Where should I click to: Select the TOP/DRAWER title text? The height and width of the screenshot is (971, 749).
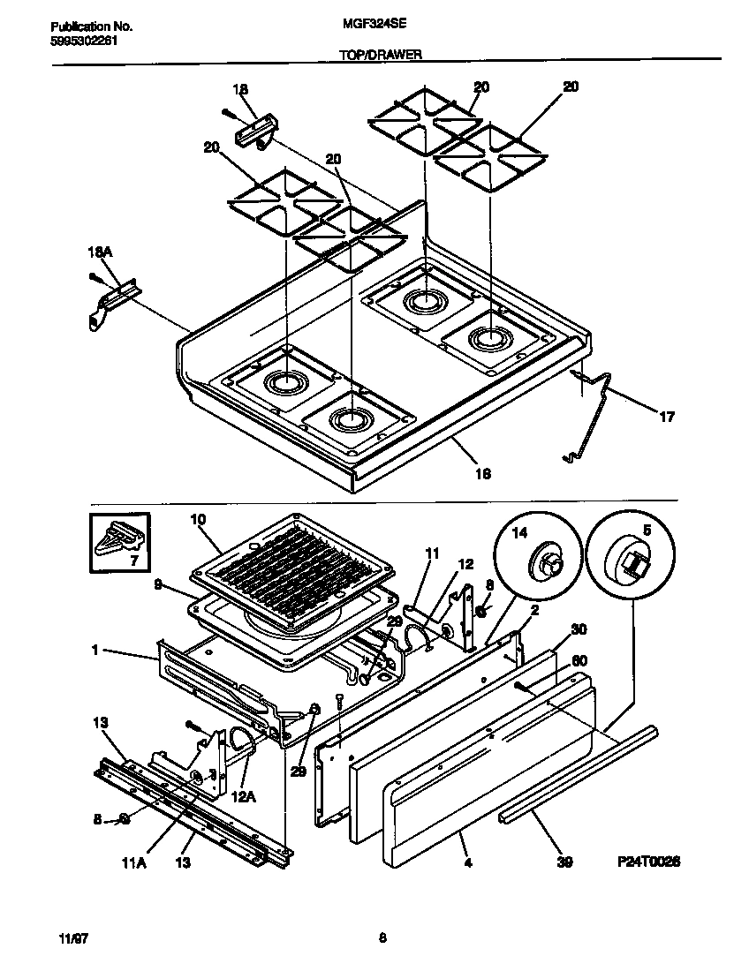tap(380, 54)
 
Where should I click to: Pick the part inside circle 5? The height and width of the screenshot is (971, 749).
tap(634, 561)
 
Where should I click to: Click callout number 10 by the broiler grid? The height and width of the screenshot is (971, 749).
tap(197, 520)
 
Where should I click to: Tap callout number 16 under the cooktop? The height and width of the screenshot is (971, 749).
tap(482, 474)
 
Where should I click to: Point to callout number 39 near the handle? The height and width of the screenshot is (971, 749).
tap(563, 862)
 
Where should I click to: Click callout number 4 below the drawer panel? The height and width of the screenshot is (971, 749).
tap(467, 862)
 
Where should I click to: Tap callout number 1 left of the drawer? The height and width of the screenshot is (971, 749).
tap(94, 651)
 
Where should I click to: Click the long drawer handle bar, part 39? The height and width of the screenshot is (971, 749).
tap(579, 778)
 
